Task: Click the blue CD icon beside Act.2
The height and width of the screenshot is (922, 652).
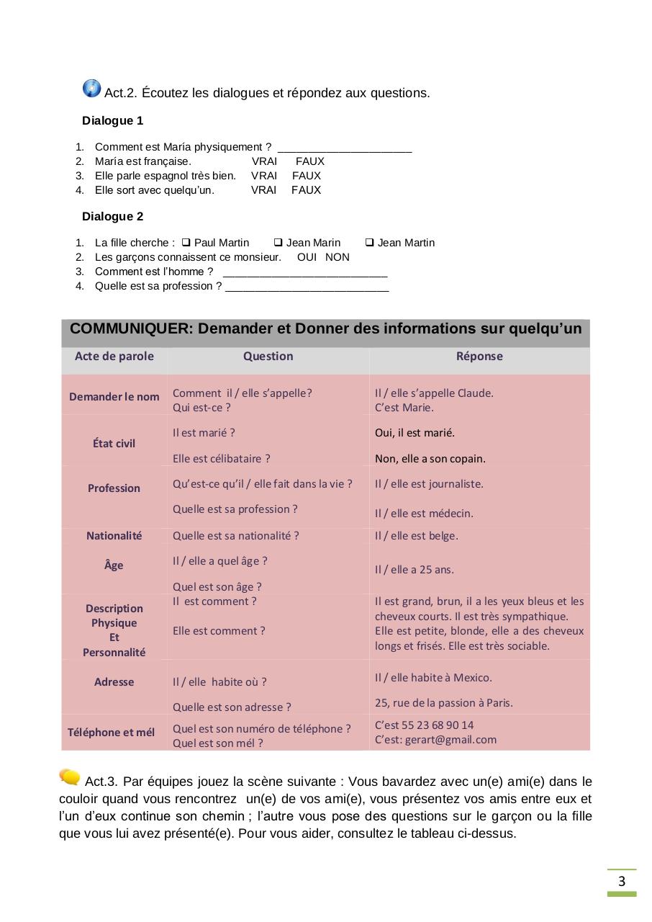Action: pyautogui.click(x=92, y=89)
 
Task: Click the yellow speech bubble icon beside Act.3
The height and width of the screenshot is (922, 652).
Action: pyautogui.click(x=70, y=776)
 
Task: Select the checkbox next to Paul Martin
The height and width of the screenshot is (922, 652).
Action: pyautogui.click(x=186, y=243)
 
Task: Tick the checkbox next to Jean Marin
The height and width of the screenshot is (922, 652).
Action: pyautogui.click(x=278, y=243)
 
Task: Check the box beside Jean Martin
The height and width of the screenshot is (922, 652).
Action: pyautogui.click(x=369, y=243)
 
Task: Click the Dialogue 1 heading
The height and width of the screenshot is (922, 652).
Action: pyautogui.click(x=112, y=120)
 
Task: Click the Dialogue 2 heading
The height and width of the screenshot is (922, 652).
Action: pyautogui.click(x=112, y=216)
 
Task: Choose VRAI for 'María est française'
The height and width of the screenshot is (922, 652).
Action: pyautogui.click(x=264, y=161)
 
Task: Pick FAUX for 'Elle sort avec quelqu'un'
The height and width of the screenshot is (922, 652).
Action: pyautogui.click(x=306, y=190)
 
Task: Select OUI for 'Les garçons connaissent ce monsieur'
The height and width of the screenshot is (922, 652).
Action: pyautogui.click(x=307, y=257)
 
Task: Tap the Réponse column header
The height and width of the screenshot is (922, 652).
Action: pyautogui.click(x=479, y=356)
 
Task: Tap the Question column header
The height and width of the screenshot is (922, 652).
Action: pyautogui.click(x=268, y=356)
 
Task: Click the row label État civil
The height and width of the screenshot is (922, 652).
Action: pyautogui.click(x=114, y=444)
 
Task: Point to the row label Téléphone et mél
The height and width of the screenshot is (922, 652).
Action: pyautogui.click(x=111, y=733)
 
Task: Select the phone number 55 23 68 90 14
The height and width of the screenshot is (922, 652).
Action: pyautogui.click(x=438, y=725)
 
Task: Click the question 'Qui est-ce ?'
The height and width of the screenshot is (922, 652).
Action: pyautogui.click(x=202, y=408)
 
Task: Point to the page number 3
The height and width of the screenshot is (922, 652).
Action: pyautogui.click(x=622, y=882)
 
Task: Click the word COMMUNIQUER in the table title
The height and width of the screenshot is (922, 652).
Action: pyautogui.click(x=132, y=329)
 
